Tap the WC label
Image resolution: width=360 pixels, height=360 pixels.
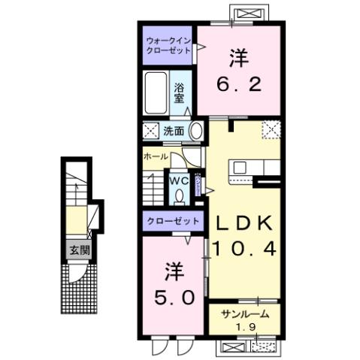coord(177,181)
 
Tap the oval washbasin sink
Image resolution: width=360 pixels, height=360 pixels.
coord(195,131)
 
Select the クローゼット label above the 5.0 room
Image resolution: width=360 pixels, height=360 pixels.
coord(172,222)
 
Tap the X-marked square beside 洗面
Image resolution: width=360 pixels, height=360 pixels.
coord(150,130)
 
